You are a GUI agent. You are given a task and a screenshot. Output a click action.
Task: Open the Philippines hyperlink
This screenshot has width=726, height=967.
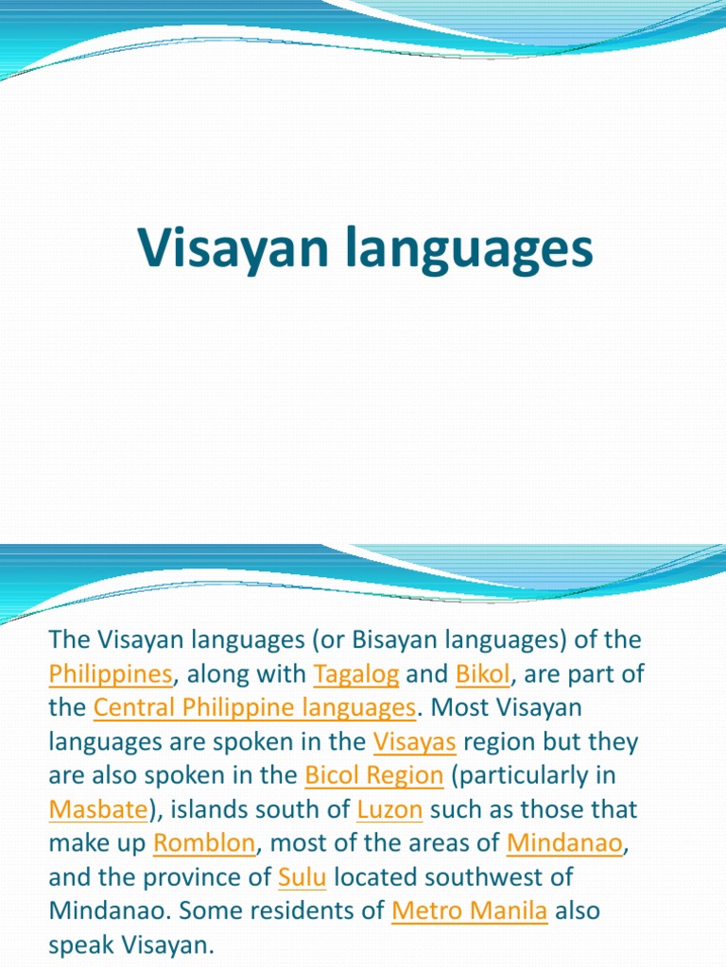click(111, 674)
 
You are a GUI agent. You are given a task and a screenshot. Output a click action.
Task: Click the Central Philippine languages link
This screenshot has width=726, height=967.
click(254, 708)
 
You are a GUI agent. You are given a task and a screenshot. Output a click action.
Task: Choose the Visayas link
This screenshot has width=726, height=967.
click(415, 742)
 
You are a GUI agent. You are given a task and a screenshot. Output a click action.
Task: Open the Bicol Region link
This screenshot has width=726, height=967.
click(373, 776)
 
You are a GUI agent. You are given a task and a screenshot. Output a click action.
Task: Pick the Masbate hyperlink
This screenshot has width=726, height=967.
click(97, 810)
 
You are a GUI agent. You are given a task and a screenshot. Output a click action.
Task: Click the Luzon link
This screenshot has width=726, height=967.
click(389, 810)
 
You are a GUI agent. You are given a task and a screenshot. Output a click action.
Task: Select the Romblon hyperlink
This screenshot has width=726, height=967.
click(204, 844)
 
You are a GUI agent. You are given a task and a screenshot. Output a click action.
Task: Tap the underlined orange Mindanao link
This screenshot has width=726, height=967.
click(564, 844)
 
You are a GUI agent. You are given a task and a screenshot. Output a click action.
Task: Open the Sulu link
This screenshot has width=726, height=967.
click(302, 878)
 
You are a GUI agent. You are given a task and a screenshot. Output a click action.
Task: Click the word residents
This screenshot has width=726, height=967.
click(267, 912)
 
